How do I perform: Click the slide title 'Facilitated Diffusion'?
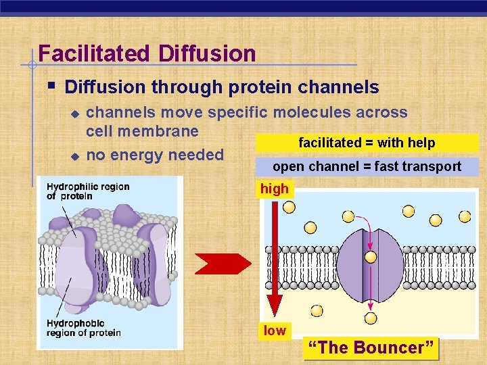(147, 53)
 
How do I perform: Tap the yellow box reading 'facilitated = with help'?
(367, 143)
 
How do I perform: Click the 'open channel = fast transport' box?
(367, 166)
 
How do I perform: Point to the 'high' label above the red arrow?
(274, 189)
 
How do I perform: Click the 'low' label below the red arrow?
(275, 331)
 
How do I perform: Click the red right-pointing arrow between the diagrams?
(223, 264)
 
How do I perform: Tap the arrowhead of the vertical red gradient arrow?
(274, 306)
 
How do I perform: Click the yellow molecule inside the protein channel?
(371, 257)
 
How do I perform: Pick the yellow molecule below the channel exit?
(371, 318)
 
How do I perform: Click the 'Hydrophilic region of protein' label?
(88, 191)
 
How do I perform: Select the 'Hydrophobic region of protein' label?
(83, 328)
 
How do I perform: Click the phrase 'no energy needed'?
(155, 155)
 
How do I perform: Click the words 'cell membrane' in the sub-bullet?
(142, 131)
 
